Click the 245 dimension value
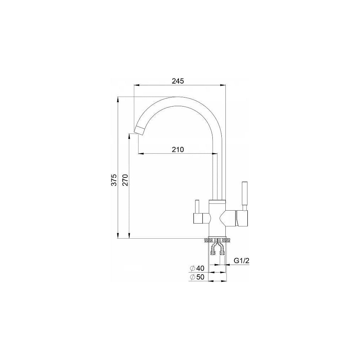pyautogui.click(x=178, y=81)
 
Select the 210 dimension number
pyautogui.click(x=178, y=149)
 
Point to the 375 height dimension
pyautogui.click(x=114, y=180)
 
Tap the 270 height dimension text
pyautogui.click(x=126, y=180)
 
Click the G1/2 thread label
pyautogui.click(x=242, y=261)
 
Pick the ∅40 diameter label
pyautogui.click(x=197, y=268)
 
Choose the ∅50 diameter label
pyautogui.click(x=197, y=277)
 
